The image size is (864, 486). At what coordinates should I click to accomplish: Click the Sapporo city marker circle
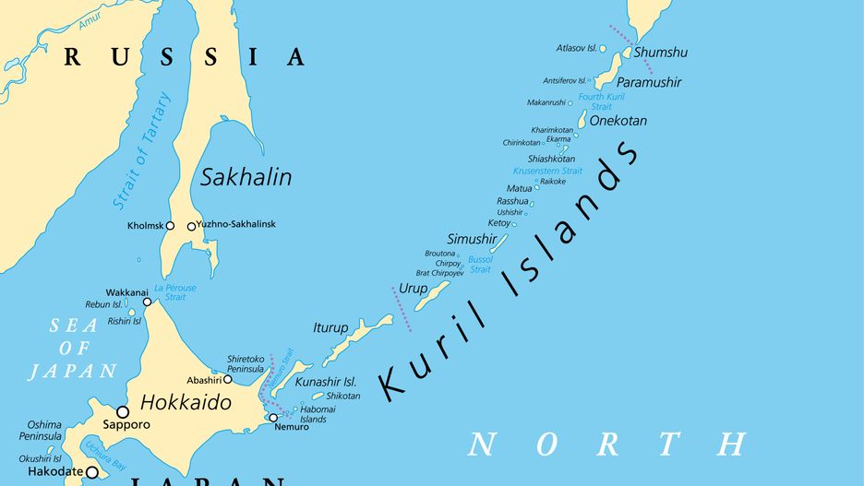123,411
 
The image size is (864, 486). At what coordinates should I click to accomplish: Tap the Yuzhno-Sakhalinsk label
237,225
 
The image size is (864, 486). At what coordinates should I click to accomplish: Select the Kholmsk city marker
170,226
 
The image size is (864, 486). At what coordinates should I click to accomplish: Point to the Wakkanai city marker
147,302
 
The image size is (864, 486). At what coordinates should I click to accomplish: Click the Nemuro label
292,428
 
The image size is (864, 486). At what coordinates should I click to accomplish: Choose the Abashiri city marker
228,379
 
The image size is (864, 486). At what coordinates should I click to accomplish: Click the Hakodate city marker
91,472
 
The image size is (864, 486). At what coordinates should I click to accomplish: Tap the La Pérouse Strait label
175,292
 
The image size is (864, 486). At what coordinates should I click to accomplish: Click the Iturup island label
330,327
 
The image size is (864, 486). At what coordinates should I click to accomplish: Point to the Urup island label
413,289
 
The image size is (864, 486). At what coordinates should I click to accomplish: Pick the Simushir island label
465,239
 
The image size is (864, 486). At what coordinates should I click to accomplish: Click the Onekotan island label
618,121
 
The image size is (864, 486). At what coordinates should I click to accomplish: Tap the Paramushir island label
649,82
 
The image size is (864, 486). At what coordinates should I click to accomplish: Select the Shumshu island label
661,53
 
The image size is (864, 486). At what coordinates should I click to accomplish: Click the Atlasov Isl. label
576,48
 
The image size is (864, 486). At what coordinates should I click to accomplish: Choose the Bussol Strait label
480,265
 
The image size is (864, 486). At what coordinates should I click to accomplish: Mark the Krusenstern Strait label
547,171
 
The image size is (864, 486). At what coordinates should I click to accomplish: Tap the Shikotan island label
342,396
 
